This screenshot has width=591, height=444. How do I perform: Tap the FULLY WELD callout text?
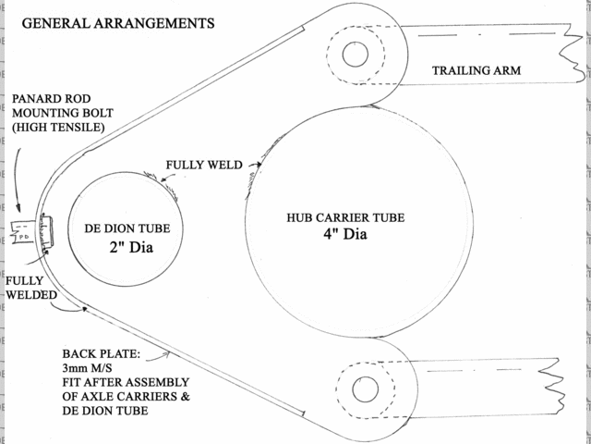(x=203, y=166)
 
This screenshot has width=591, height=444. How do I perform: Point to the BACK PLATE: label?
(x=102, y=353)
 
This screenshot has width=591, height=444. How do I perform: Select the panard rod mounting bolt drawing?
(x=33, y=233)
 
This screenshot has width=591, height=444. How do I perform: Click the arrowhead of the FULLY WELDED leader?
(x=84, y=311)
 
